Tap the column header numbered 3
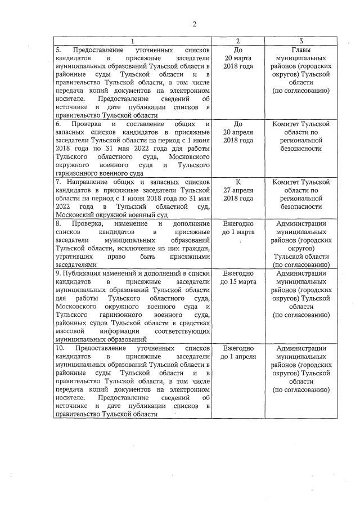coord(301,41)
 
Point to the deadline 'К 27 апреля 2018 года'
coord(238,190)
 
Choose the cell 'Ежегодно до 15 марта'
coord(238,277)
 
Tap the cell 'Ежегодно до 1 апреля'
coord(238,352)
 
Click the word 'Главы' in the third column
coord(301,50)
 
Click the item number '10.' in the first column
coord(60,348)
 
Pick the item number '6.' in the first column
coord(58,124)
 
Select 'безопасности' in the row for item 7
coord(301,207)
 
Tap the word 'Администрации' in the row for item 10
coord(301,348)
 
